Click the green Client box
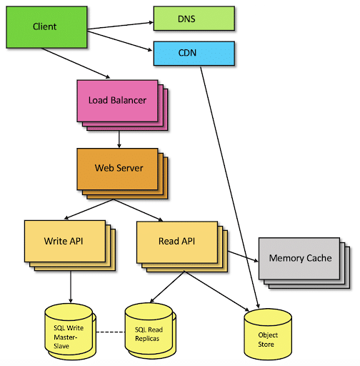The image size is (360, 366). coord(44,27)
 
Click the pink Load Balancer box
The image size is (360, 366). coord(116,100)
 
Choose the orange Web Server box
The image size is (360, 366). coord(119,169)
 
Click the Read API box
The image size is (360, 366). coord(176,241)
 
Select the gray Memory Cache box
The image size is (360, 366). coord(299,258)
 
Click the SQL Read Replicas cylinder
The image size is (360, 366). coord(149,329)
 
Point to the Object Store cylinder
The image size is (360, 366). coord(268,336)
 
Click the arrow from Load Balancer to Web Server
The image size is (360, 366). coord(119,137)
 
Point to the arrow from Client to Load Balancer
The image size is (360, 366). coord(75,63)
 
